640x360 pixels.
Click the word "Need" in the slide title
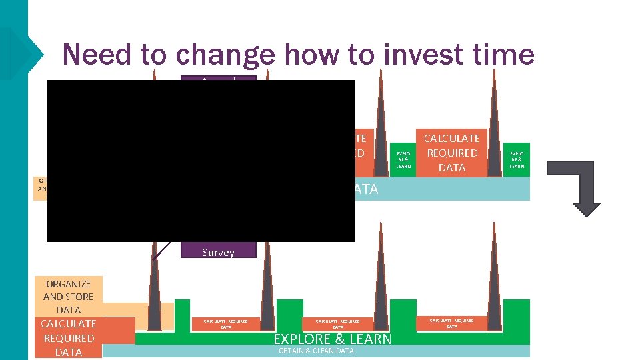coord(97,54)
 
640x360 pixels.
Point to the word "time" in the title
coord(502,54)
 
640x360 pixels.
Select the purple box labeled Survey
coord(218,251)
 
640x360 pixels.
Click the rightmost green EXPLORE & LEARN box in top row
coord(517,159)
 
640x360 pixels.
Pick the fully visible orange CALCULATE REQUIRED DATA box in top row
coord(451,153)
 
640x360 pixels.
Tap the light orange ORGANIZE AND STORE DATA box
coord(68,296)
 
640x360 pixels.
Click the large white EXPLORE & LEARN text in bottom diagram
coord(332,339)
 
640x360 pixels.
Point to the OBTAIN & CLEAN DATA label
coord(316,351)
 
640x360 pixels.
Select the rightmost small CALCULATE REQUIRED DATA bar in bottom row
coord(451,323)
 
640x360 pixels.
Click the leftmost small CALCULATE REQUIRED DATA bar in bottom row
coord(225,324)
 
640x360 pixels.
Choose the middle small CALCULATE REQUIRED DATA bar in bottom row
coord(337,324)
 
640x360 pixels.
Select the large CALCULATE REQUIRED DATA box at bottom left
coord(68,338)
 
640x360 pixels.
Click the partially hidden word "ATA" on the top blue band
coord(365,189)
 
